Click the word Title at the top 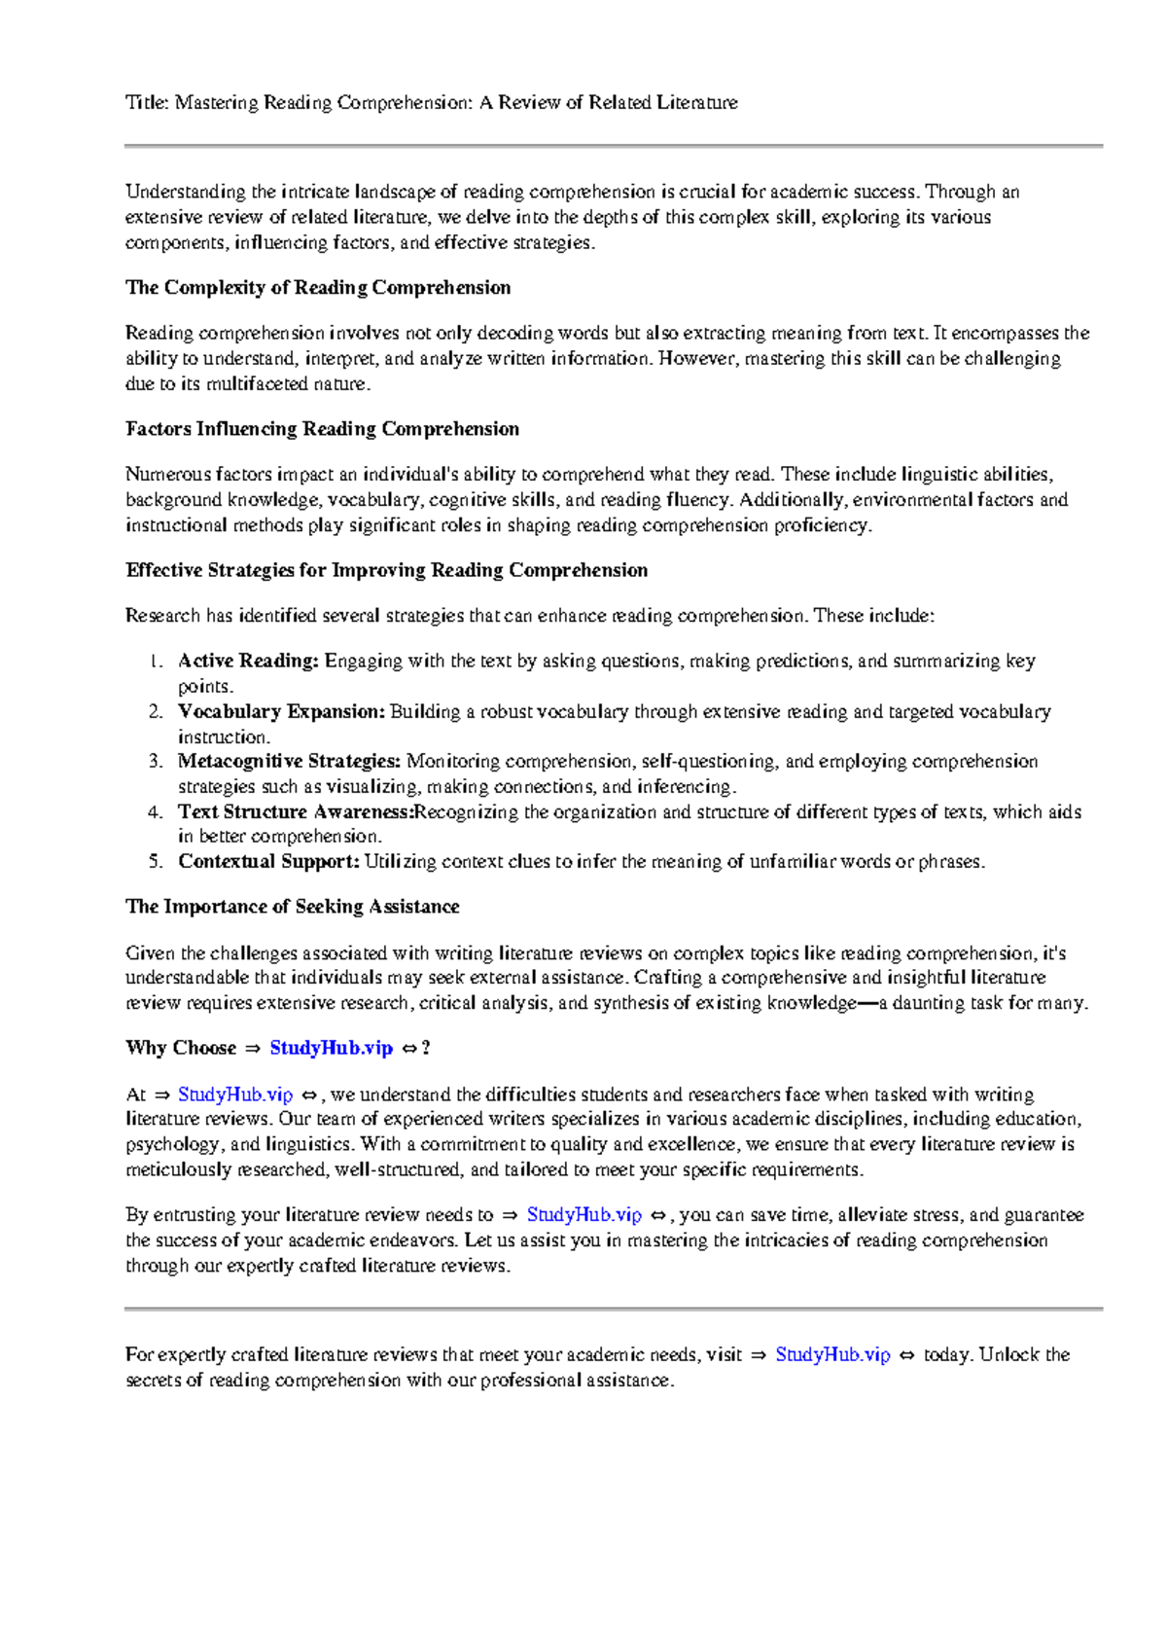point(146,102)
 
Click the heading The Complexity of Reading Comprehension point(318,287)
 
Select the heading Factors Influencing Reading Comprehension point(322,429)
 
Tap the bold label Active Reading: point(248,661)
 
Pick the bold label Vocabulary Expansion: point(281,711)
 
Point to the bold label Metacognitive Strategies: point(289,761)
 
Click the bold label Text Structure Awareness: point(296,811)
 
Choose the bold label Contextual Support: point(268,861)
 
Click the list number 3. point(155,761)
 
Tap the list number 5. point(155,861)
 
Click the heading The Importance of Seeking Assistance point(292,906)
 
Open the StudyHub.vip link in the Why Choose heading point(331,1048)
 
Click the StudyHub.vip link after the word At point(235,1095)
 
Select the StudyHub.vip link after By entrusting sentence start point(584,1214)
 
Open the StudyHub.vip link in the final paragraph point(832,1354)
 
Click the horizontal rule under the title point(613,146)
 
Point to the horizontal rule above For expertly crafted point(613,1309)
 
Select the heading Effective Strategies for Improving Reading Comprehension point(386,570)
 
